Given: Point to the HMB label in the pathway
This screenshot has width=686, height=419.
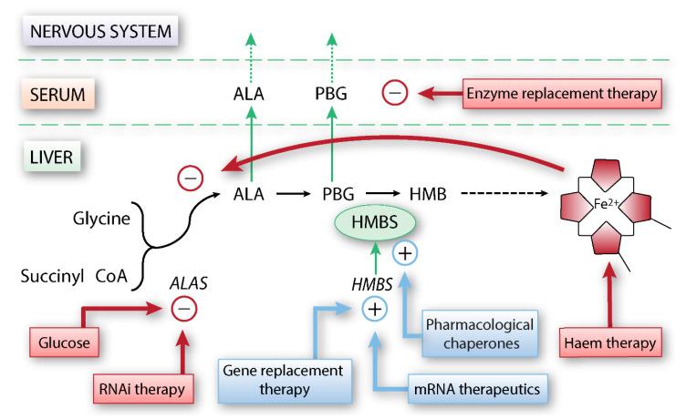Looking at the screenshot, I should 424,194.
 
